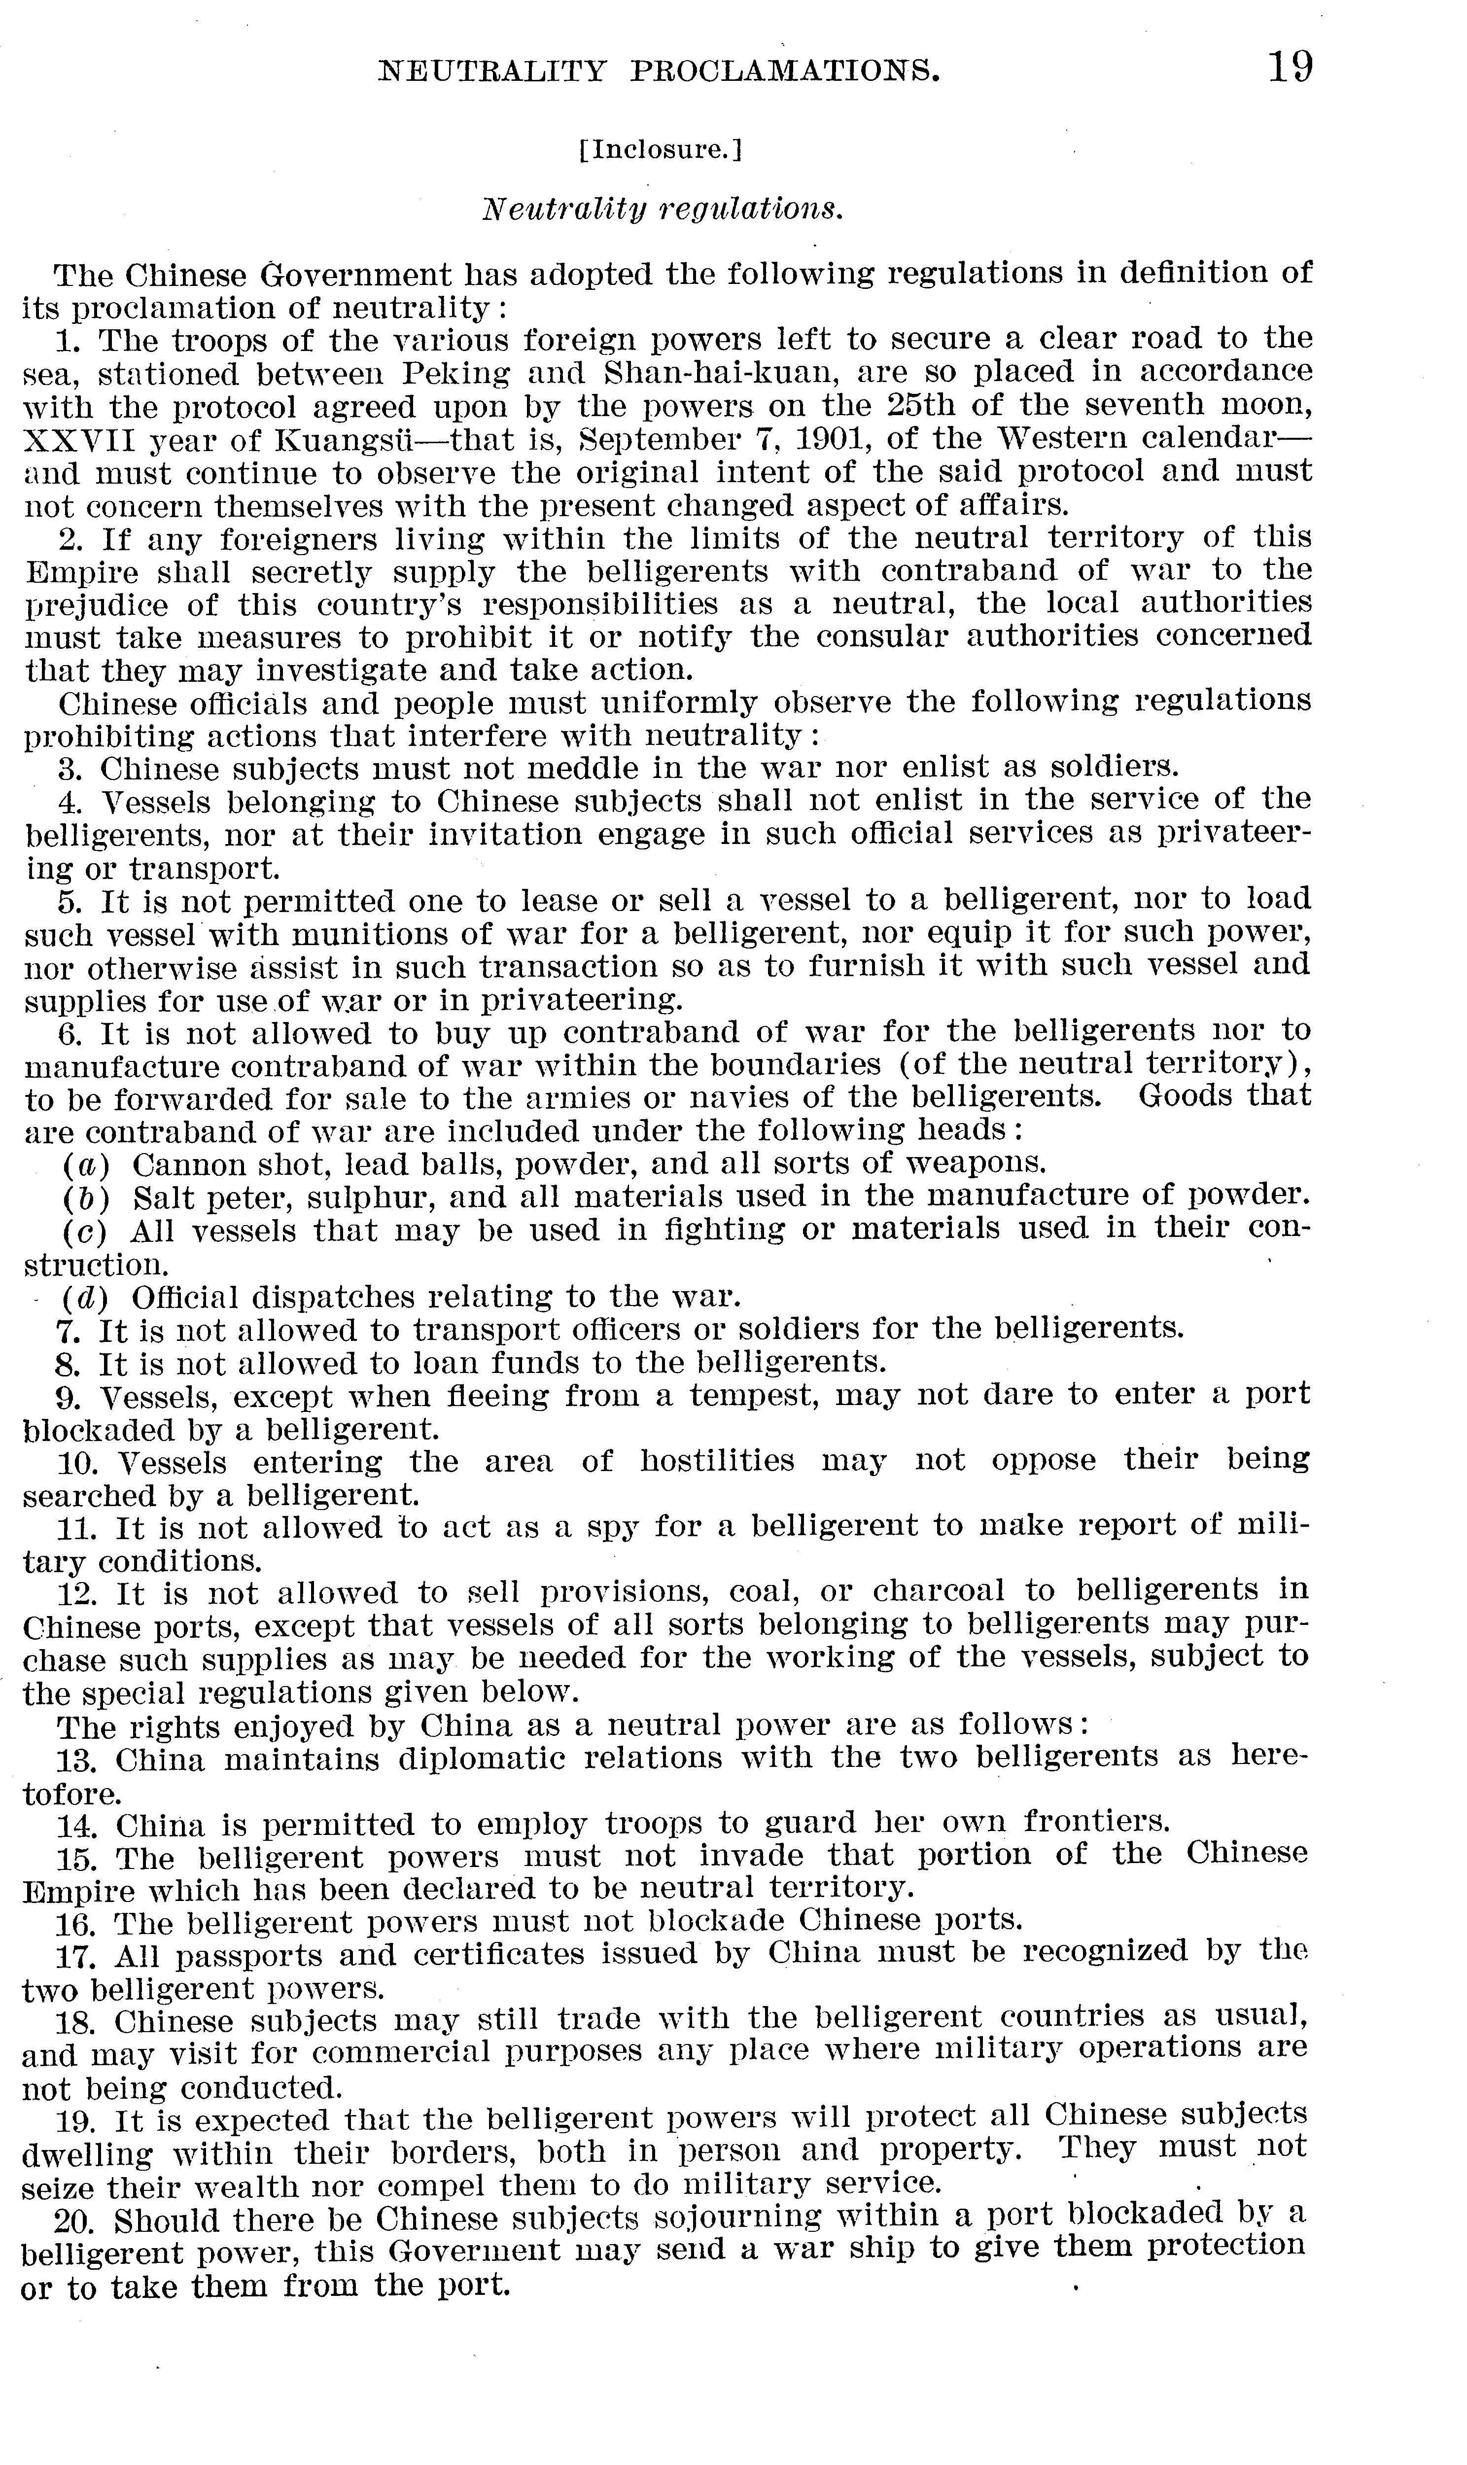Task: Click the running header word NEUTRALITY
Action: pyautogui.click(x=491, y=71)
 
